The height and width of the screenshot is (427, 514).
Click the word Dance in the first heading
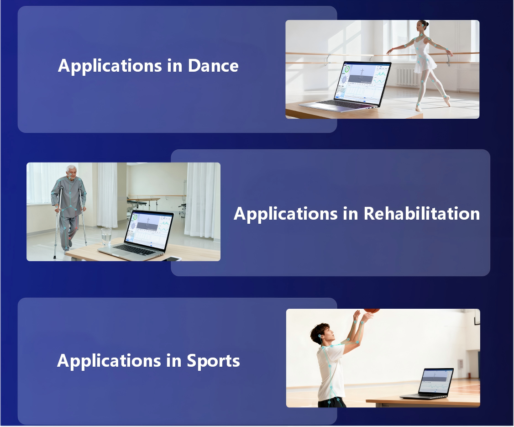click(x=213, y=66)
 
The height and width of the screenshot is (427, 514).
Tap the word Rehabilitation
click(x=421, y=214)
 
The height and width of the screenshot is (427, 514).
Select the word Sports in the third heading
click(x=213, y=362)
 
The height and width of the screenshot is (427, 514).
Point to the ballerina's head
click(x=423, y=26)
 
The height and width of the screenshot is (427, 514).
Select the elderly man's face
click(x=72, y=172)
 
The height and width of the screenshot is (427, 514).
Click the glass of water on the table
click(x=106, y=236)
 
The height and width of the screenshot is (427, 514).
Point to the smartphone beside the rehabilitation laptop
click(x=173, y=259)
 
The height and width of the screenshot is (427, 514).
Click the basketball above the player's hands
click(x=372, y=310)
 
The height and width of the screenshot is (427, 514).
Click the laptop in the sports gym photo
click(x=428, y=383)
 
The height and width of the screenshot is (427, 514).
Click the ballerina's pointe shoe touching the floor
click(x=418, y=108)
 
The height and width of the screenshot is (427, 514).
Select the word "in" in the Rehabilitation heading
click(x=351, y=214)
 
